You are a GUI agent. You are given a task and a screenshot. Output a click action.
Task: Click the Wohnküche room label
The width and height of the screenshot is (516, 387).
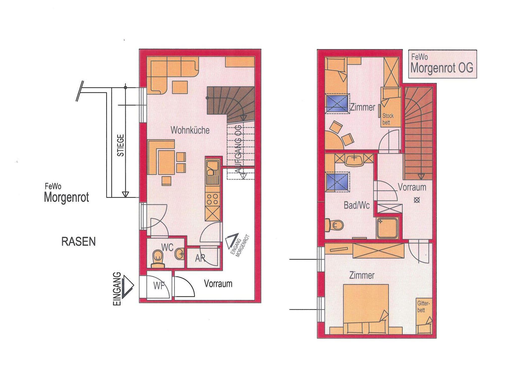[190, 130]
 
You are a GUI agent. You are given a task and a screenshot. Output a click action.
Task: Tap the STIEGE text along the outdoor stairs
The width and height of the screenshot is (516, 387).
[121, 145]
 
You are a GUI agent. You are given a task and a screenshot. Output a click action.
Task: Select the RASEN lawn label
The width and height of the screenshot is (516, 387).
[79, 242]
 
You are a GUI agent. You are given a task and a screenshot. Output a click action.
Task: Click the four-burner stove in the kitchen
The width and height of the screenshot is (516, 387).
[212, 199]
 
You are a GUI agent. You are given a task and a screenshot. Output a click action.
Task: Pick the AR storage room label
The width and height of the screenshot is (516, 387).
[200, 258]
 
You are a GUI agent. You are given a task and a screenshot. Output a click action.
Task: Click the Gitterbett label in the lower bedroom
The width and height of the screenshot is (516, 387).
[423, 307]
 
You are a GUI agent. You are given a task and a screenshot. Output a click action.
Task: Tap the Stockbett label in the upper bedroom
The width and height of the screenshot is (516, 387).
[388, 119]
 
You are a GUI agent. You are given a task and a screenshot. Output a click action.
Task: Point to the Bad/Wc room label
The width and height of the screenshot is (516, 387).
[357, 205]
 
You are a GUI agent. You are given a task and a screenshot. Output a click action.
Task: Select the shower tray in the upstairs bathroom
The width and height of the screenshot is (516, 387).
[387, 228]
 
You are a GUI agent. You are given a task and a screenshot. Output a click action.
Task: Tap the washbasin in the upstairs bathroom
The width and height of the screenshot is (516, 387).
[354, 160]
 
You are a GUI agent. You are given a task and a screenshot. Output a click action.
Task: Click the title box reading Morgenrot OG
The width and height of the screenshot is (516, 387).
[442, 64]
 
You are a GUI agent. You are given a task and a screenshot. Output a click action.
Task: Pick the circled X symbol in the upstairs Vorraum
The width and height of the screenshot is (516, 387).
[417, 200]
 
